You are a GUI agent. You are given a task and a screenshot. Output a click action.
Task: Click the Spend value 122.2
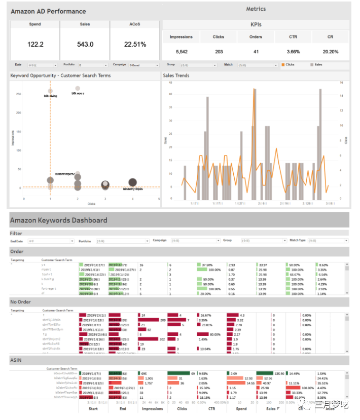35,45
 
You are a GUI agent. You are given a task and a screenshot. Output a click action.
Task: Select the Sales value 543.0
85,45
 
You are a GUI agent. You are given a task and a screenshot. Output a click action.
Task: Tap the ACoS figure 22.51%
135,45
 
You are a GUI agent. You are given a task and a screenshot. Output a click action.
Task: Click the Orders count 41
256,52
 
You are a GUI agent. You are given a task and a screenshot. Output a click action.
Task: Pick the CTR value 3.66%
293,52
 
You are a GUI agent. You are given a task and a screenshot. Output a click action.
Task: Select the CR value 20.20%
331,52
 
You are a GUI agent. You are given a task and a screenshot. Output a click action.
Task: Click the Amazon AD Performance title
48,11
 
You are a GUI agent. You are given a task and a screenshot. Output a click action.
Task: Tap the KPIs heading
256,24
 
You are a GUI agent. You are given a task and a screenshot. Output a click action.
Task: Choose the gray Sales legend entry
316,65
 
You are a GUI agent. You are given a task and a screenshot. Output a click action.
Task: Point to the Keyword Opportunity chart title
60,75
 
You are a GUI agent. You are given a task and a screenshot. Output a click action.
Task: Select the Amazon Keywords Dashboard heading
58,220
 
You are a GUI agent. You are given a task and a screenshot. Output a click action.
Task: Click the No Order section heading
20,302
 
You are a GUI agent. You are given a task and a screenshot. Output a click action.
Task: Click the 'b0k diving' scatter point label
51,96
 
